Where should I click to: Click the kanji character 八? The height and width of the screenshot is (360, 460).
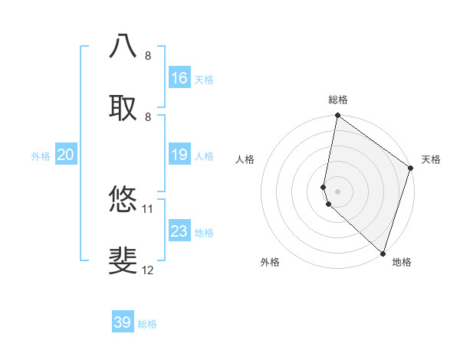123,46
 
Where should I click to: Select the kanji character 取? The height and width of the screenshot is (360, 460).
123,107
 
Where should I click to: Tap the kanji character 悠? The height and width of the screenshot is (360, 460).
123,199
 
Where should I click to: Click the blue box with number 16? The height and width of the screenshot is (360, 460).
179,78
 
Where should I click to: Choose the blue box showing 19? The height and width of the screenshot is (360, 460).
179,155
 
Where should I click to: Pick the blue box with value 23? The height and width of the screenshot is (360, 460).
179,231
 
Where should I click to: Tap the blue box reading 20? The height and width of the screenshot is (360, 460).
65,155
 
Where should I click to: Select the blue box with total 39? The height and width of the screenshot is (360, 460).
123,322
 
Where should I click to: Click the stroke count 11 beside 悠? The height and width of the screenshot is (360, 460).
148,208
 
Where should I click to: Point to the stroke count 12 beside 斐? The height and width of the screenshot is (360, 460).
148,270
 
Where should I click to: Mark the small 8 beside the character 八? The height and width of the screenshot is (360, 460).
148,56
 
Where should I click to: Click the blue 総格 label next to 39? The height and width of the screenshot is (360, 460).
147,324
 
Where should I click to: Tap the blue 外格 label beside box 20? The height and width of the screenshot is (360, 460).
41,156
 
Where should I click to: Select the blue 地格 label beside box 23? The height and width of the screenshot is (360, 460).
204,233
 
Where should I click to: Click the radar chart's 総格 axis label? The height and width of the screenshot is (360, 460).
338,100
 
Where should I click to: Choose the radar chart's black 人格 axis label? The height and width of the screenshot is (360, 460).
245,159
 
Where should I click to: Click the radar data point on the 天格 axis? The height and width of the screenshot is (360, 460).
411,169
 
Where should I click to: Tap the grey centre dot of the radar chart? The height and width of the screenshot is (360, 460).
338,191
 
